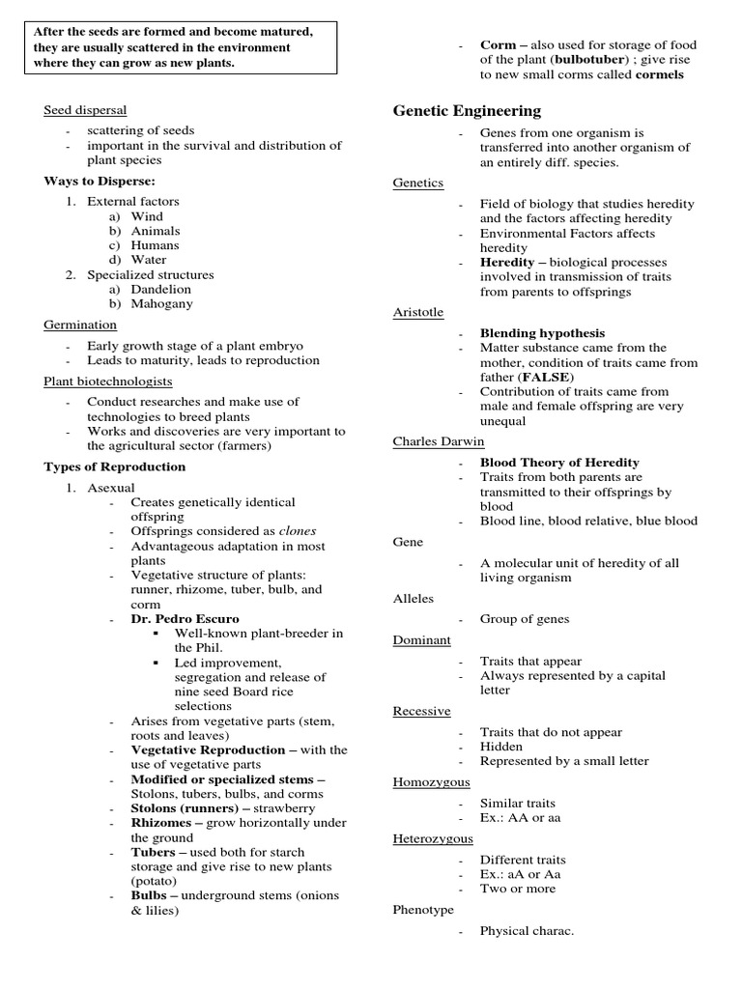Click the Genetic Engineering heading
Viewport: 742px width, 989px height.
(467, 111)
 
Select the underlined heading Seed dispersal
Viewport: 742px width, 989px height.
(85, 110)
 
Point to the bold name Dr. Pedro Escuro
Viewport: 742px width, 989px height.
(185, 618)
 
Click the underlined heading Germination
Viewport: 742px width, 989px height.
(80, 325)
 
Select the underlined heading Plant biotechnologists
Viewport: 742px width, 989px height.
(108, 381)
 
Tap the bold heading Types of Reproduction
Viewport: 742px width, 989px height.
(115, 466)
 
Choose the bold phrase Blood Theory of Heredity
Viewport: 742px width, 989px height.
(559, 463)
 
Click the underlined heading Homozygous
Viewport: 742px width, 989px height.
(431, 781)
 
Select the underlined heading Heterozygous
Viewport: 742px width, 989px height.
(433, 838)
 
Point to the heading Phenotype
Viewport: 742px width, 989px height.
(424, 909)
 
